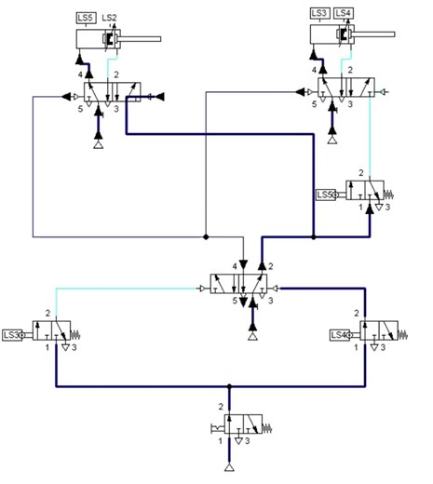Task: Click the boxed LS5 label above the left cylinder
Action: (x=85, y=18)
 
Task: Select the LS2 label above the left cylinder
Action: (x=110, y=18)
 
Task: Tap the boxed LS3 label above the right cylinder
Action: (x=319, y=12)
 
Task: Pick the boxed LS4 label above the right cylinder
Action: (x=343, y=12)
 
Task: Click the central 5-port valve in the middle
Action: (x=241, y=283)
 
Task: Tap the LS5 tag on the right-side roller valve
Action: (x=325, y=195)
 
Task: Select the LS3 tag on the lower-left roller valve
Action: (x=12, y=333)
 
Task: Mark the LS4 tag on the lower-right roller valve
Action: (x=340, y=334)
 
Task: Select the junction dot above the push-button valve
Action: (x=229, y=384)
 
